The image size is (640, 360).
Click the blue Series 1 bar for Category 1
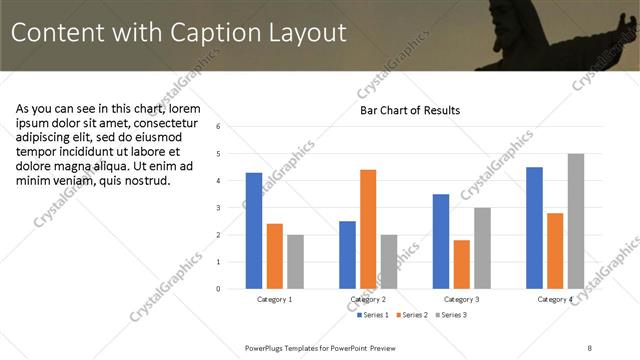pos(254,231)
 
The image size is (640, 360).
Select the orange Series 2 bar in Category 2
pos(368,229)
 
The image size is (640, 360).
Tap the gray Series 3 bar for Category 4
pos(575,221)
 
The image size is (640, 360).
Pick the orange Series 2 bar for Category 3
pos(461,264)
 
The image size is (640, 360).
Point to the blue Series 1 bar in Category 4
pos(534,228)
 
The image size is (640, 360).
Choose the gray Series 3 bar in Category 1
pos(295,262)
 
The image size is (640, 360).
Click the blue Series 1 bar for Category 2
pos(347,255)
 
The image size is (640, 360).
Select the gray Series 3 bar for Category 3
pos(482,248)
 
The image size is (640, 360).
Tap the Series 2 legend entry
pos(413,315)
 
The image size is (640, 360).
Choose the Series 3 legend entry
pos(451,315)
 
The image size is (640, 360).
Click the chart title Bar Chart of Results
pos(410,110)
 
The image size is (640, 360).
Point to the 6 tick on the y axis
pos(232,127)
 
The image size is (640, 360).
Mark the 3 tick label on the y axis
pos(232,208)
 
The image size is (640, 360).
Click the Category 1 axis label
pos(274,299)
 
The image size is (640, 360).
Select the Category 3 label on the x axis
pos(461,299)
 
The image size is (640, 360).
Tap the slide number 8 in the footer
pos(589,347)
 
